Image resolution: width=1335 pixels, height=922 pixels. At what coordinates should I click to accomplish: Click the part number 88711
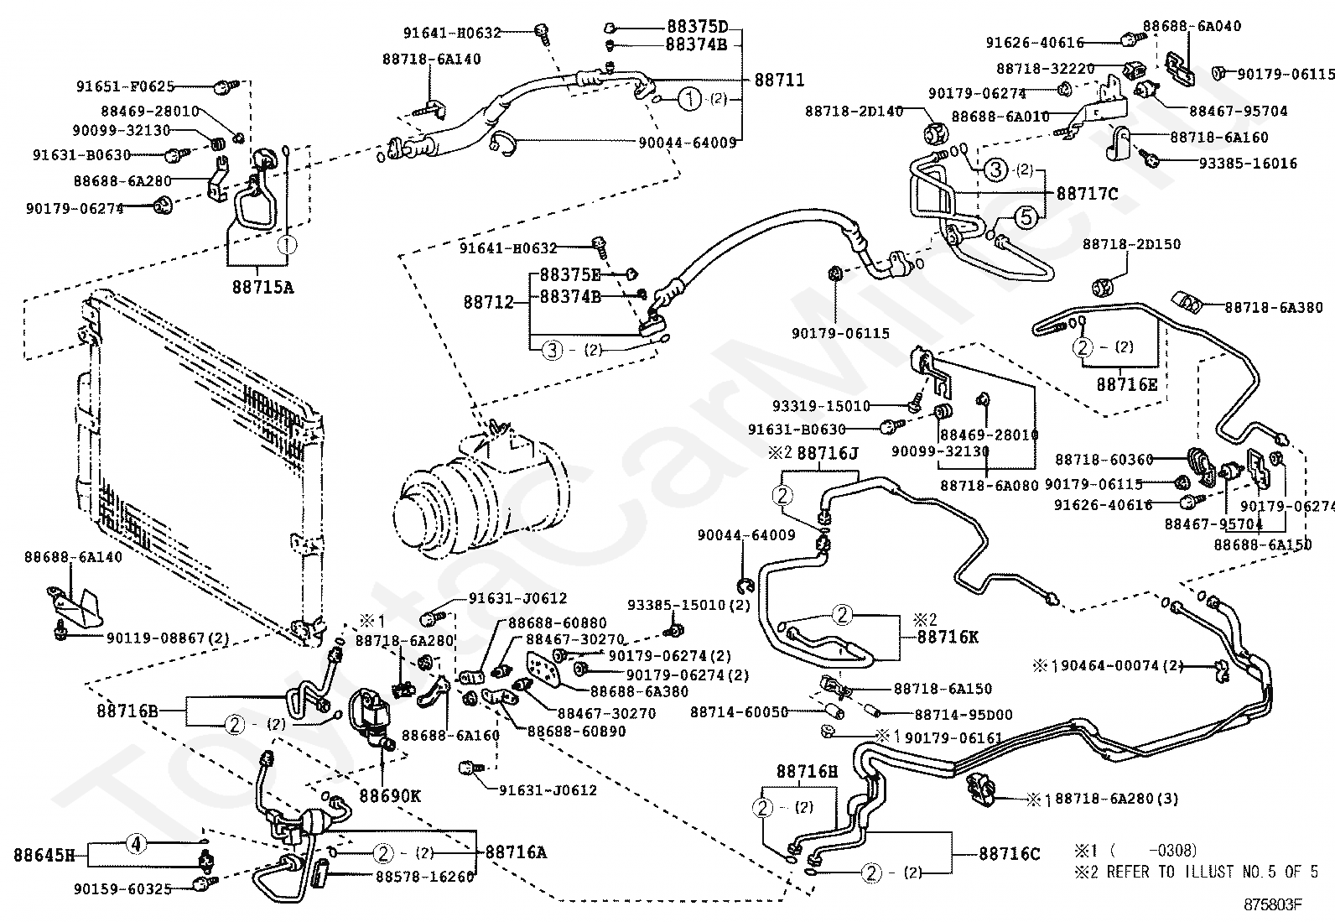[x=780, y=80]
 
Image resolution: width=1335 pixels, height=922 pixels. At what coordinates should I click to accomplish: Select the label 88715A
[x=262, y=288]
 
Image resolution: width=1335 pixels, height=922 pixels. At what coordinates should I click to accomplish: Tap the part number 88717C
[x=1087, y=194]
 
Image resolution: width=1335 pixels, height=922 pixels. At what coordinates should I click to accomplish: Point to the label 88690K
[x=390, y=796]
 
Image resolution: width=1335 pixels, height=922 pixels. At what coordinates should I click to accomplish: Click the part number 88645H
[x=44, y=855]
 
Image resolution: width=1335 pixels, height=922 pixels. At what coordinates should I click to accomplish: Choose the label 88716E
[x=1127, y=385]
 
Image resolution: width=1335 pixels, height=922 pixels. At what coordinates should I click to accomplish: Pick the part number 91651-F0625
[x=125, y=86]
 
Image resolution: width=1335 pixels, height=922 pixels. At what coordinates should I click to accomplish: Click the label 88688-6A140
[x=73, y=557]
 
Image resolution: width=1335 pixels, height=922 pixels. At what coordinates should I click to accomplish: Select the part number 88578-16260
[x=425, y=876]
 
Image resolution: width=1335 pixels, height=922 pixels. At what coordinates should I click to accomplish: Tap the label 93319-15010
[x=821, y=406]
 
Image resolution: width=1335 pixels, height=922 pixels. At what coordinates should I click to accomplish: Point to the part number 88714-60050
[x=739, y=712]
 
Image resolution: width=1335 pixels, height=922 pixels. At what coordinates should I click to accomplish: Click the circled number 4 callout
[x=137, y=844]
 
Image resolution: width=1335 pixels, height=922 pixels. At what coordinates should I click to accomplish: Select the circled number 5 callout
[x=1026, y=217]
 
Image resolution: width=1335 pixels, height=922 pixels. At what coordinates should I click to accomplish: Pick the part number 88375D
[x=698, y=27]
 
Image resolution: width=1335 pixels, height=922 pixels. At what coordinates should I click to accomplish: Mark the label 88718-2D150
[x=1132, y=244]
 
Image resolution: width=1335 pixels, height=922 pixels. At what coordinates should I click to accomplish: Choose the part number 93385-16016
[x=1248, y=164]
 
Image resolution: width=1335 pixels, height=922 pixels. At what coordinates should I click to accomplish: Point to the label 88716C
[x=1010, y=854]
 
